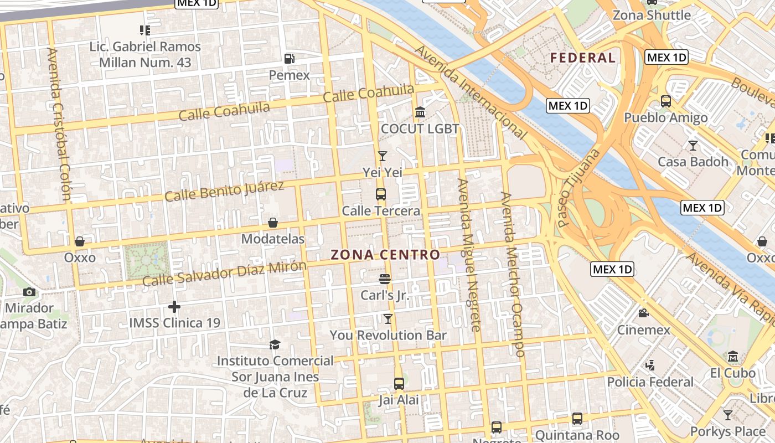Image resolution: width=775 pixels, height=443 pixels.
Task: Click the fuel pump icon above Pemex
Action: click(289, 59)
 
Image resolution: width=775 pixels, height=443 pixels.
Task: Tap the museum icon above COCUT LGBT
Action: click(420, 113)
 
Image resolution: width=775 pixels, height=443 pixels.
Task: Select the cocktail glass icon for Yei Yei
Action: click(382, 156)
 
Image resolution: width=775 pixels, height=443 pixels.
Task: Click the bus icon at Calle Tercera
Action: click(381, 194)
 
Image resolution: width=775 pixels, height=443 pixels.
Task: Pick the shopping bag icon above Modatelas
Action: click(273, 223)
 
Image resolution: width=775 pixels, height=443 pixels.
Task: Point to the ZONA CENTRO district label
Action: click(385, 255)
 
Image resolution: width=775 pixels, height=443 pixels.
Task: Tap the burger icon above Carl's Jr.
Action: click(385, 279)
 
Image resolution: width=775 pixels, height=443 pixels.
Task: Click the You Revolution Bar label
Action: click(388, 335)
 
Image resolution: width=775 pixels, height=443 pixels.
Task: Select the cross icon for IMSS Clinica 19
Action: click(174, 306)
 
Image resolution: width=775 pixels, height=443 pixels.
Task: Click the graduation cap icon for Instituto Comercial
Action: click(275, 345)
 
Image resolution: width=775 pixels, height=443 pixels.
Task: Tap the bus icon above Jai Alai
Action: click(399, 383)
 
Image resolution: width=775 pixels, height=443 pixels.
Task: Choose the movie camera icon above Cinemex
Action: click(643, 313)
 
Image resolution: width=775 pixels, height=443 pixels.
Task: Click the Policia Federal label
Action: click(650, 382)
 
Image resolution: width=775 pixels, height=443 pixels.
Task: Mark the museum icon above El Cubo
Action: click(733, 356)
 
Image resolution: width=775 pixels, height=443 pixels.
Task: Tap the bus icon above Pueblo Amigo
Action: click(666, 101)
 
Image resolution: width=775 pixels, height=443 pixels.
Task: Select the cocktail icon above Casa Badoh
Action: click(693, 146)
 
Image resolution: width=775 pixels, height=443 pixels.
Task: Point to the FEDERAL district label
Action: click(582, 58)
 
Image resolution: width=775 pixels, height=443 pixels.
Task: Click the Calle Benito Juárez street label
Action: click(224, 191)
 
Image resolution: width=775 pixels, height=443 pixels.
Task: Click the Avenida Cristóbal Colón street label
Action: click(59, 123)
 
